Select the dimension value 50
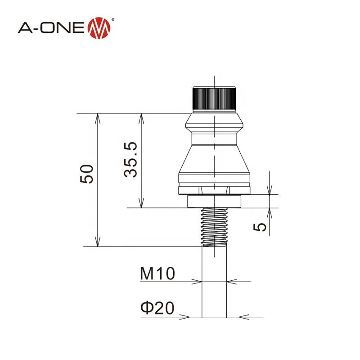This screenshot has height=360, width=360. (x=86, y=174)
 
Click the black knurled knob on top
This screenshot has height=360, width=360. (x=215, y=98)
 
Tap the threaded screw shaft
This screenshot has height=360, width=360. (x=215, y=227)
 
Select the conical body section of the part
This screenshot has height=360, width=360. (x=215, y=160)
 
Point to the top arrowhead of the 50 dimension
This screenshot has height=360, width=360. (x=98, y=117)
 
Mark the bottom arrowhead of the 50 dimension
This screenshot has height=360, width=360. (x=98, y=243)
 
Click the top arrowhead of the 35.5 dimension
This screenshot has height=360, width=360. (x=142, y=117)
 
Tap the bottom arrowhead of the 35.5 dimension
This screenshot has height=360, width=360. (x=142, y=204)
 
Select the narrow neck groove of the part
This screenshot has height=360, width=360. (x=215, y=135)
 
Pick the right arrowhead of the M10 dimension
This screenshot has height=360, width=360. (x=231, y=282)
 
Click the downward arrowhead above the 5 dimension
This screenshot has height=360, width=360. (x=270, y=191)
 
